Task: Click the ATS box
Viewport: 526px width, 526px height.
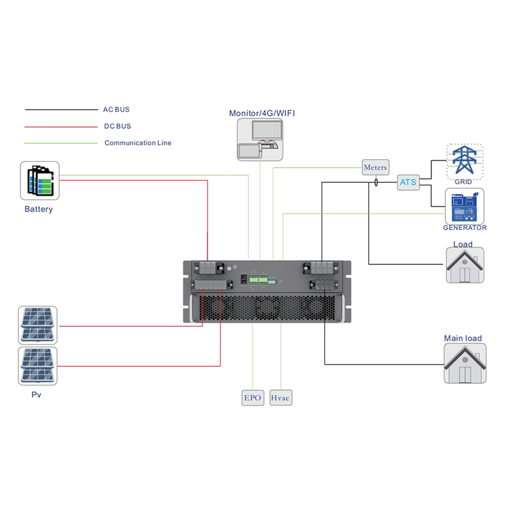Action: click(408, 183)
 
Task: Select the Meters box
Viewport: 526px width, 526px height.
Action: click(375, 167)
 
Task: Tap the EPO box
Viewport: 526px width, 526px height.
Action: click(253, 398)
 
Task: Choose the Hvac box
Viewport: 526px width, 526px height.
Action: click(281, 398)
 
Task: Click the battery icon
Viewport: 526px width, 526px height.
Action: click(39, 180)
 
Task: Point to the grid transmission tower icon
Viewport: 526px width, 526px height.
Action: click(465, 161)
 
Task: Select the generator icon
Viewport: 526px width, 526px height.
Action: click(465, 206)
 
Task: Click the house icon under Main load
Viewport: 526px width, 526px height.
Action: click(465, 364)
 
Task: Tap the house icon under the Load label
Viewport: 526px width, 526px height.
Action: click(465, 265)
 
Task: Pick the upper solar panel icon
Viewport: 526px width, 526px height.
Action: click(37, 325)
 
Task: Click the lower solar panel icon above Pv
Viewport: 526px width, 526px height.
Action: click(37, 366)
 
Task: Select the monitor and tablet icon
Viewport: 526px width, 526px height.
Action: click(260, 139)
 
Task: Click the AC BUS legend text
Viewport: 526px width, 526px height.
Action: click(116, 109)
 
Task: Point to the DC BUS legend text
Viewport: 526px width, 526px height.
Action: click(118, 126)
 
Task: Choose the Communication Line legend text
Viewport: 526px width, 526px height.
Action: click(138, 143)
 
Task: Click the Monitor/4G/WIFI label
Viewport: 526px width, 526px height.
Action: click(262, 113)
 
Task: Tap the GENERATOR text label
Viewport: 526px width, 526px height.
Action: click(465, 227)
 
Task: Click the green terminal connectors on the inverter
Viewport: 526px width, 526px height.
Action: click(258, 279)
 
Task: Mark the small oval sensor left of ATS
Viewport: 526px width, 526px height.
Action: click(376, 183)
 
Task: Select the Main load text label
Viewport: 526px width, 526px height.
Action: click(463, 338)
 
